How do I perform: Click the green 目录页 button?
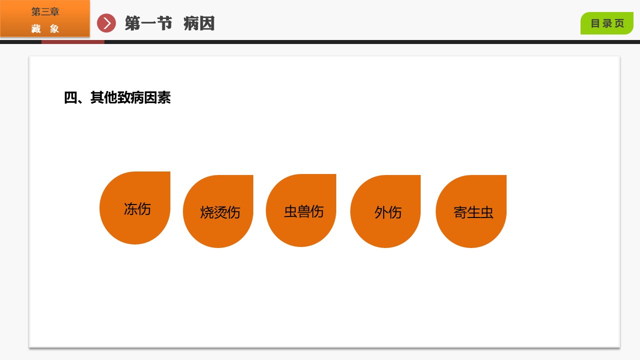click(x=607, y=23)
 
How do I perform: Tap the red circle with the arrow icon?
click(x=106, y=23)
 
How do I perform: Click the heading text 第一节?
click(x=148, y=23)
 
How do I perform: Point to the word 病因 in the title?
click(x=199, y=23)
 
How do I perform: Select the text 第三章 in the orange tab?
click(x=45, y=12)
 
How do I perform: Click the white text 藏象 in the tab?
click(x=45, y=28)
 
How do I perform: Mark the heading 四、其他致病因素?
click(x=117, y=98)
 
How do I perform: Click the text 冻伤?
click(x=137, y=209)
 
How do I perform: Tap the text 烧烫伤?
click(x=220, y=212)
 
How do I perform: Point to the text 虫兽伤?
click(x=304, y=211)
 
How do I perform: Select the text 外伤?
click(x=388, y=212)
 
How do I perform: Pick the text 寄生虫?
click(x=474, y=212)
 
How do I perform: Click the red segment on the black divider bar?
click(x=73, y=42)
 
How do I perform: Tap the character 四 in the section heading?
click(x=70, y=98)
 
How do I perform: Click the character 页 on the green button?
click(x=620, y=23)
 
